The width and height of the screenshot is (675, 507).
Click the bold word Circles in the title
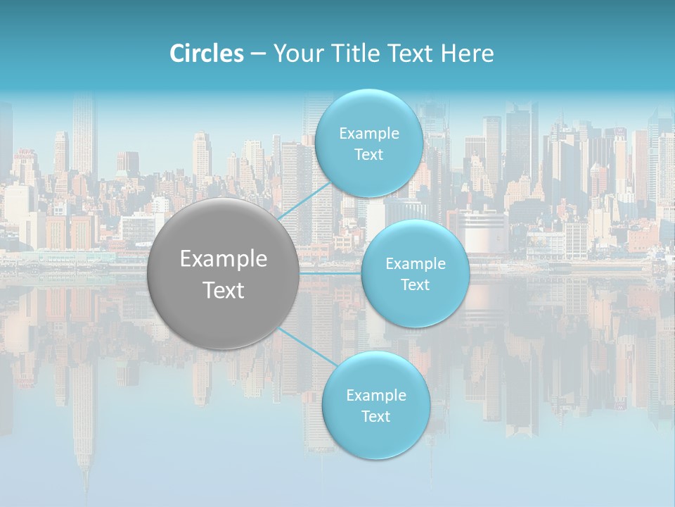(207, 54)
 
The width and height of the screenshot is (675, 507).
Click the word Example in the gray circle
(224, 259)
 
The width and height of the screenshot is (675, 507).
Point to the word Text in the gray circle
(224, 290)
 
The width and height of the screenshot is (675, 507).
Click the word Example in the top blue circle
(369, 134)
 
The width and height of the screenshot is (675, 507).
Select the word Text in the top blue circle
(368, 155)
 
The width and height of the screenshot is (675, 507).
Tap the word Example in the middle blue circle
(416, 264)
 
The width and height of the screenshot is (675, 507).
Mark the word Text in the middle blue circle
(415, 285)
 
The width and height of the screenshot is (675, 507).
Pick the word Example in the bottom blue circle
(376, 396)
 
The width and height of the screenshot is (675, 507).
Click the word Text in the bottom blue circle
(375, 417)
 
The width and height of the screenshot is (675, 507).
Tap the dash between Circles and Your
(258, 54)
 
